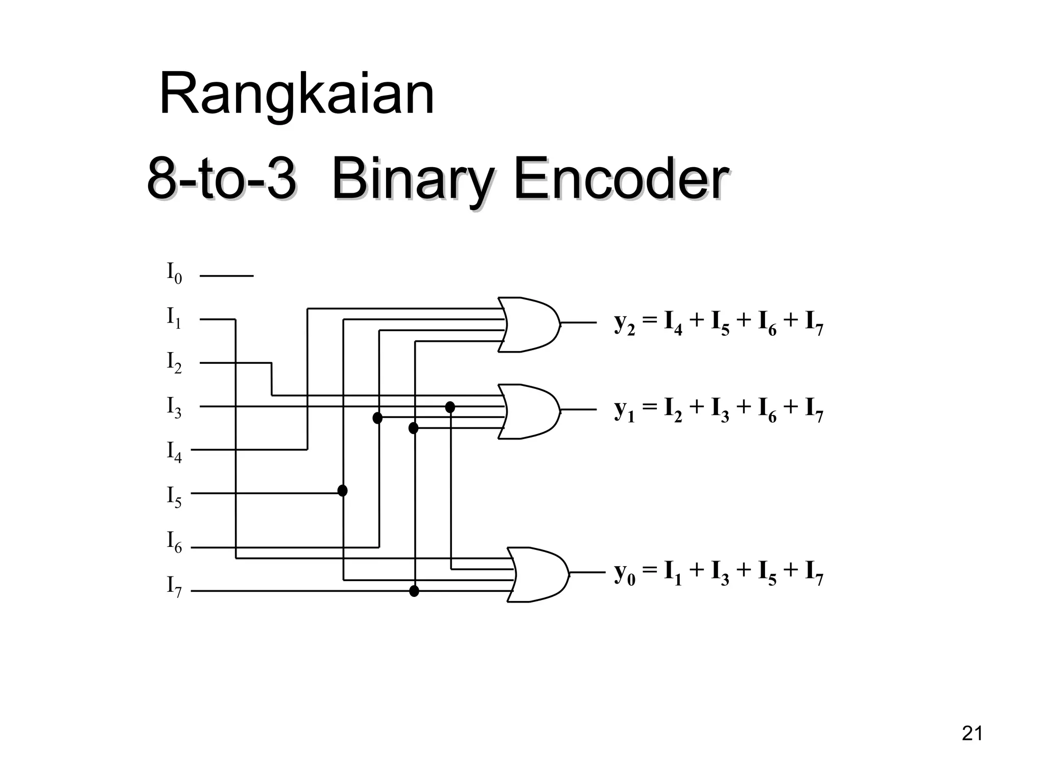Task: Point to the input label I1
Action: (x=174, y=318)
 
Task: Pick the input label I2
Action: (x=174, y=362)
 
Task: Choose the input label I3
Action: (x=174, y=407)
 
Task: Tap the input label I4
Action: (x=174, y=452)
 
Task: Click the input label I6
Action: (x=174, y=542)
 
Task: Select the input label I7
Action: (x=174, y=586)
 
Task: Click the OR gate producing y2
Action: (x=529, y=324)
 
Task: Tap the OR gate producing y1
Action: (x=529, y=411)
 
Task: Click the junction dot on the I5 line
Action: (x=343, y=491)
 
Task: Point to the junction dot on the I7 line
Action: (x=414, y=591)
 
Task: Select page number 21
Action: (x=972, y=733)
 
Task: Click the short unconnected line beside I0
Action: (x=226, y=276)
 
